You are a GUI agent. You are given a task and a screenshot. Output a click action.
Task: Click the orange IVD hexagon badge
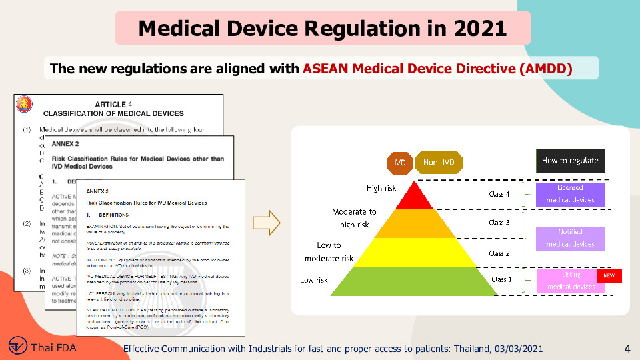click(399, 162)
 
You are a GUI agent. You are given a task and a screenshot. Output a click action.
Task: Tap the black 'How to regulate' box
click(570, 161)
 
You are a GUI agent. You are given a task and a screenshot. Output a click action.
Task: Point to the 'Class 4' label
click(499, 195)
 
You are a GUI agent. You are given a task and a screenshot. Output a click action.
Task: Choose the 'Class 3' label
click(499, 223)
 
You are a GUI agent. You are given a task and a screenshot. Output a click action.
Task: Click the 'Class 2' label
click(499, 253)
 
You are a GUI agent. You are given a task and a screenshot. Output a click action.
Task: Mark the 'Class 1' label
click(502, 279)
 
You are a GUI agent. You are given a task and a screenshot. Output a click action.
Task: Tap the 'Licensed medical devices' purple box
click(570, 194)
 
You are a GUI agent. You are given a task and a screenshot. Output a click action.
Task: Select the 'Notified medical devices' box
click(570, 238)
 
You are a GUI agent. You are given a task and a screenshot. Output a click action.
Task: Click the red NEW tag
click(609, 275)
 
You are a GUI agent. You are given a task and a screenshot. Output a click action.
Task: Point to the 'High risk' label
click(381, 188)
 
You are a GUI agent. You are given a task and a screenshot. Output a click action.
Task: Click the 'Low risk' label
click(314, 280)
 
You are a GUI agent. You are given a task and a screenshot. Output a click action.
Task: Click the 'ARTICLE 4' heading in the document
click(113, 105)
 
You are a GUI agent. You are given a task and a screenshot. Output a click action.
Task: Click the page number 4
click(627, 349)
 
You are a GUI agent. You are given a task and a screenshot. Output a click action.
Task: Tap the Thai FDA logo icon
click(19, 347)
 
